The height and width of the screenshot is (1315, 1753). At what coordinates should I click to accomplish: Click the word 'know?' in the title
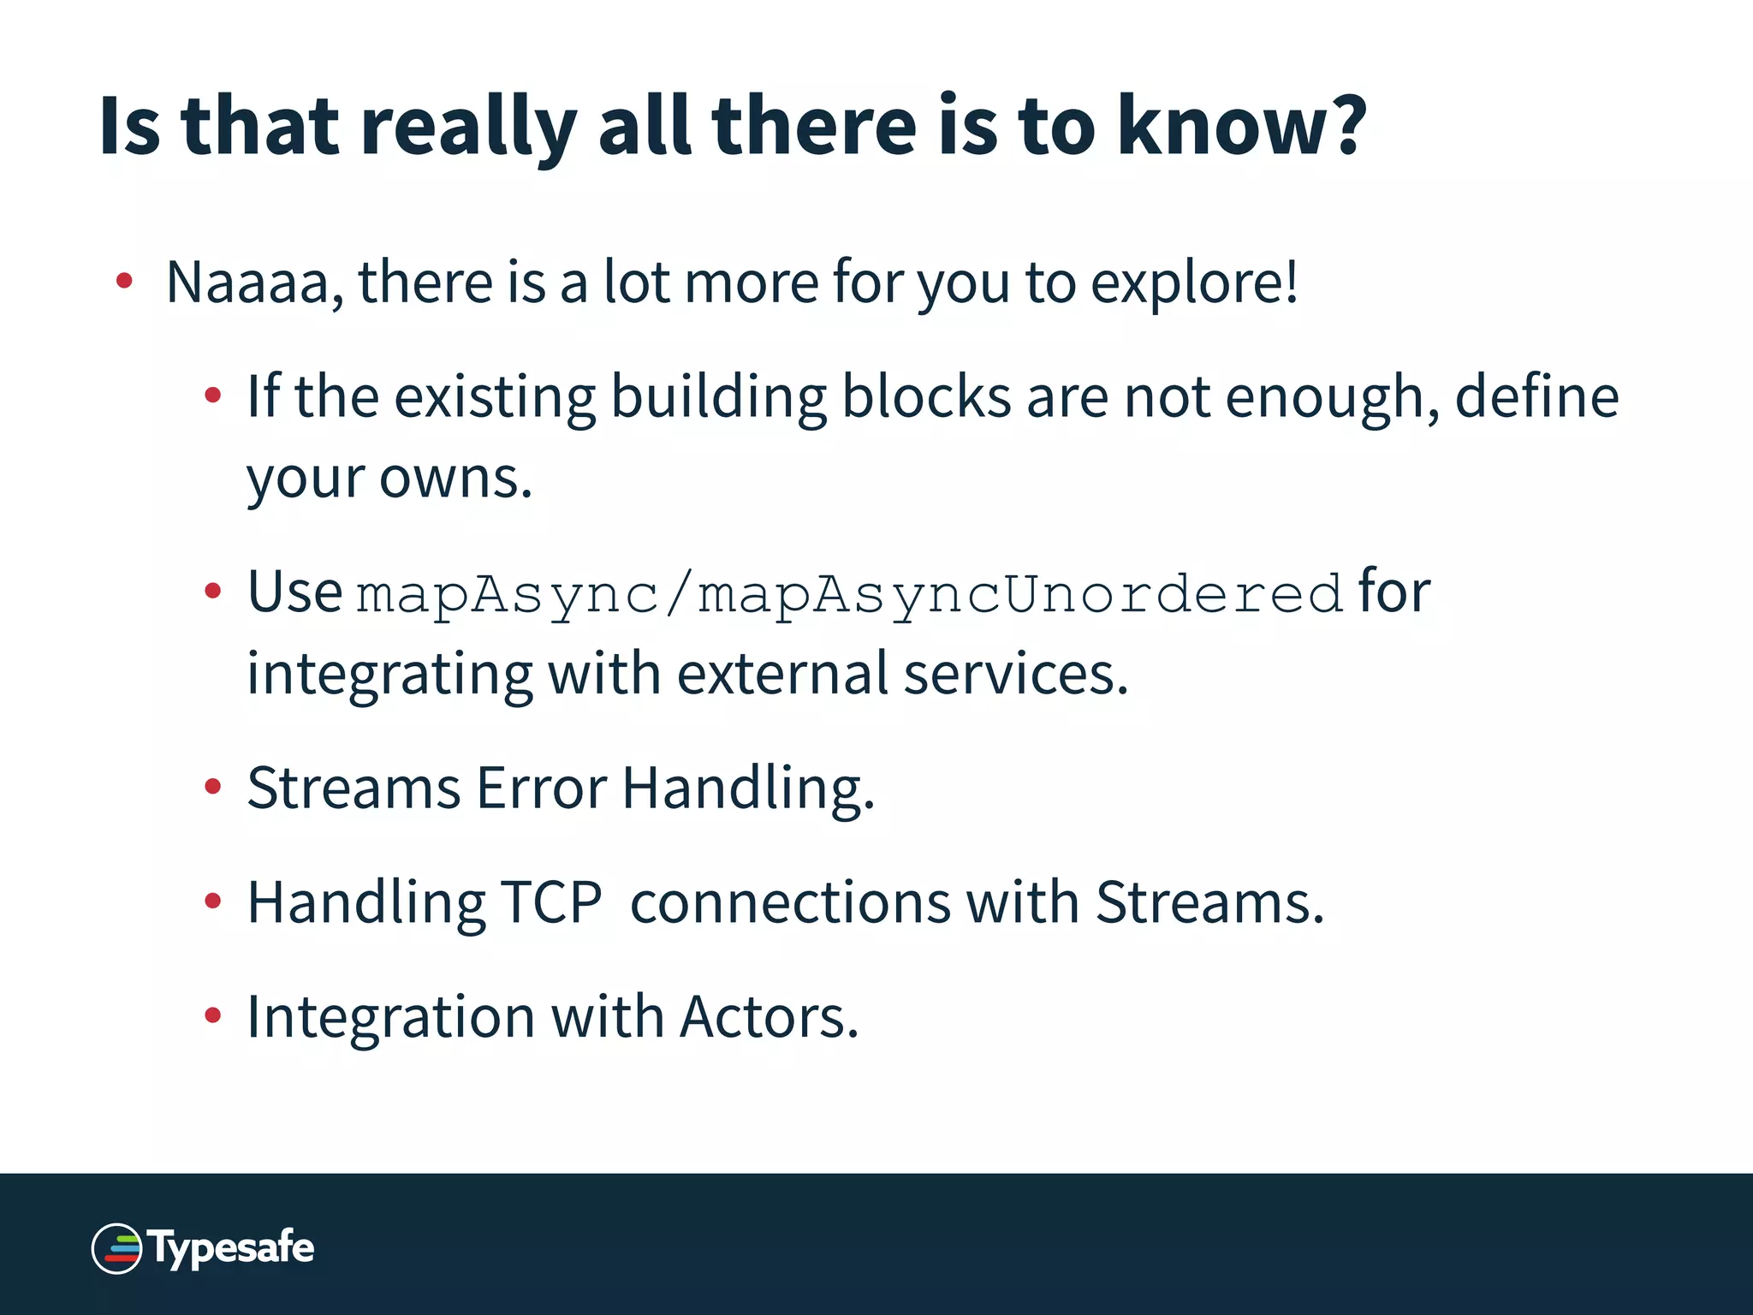pyautogui.click(x=1241, y=126)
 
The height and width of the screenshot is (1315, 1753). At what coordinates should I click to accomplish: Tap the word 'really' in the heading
pyautogui.click(x=467, y=128)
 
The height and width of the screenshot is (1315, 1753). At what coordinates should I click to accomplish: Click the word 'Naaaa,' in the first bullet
pyautogui.click(x=254, y=283)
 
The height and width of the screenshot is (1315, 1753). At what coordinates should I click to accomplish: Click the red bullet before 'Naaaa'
pyautogui.click(x=125, y=281)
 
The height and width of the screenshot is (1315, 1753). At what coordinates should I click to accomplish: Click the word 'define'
pyautogui.click(x=1536, y=397)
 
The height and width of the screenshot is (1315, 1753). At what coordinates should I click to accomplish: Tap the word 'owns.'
pyautogui.click(x=455, y=479)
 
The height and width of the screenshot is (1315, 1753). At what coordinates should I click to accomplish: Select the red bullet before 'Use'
pyautogui.click(x=213, y=591)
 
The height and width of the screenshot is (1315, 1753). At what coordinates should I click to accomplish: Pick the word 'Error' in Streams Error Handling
pyautogui.click(x=541, y=788)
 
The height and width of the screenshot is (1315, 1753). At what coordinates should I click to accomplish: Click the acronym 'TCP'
pyautogui.click(x=551, y=902)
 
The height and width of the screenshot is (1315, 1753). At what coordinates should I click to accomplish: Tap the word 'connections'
pyautogui.click(x=790, y=903)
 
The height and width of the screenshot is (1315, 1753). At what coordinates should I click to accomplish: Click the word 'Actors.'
pyautogui.click(x=769, y=1018)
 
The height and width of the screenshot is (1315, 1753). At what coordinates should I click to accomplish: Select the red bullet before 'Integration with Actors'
pyautogui.click(x=213, y=1016)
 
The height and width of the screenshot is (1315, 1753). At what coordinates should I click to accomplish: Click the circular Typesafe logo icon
pyautogui.click(x=116, y=1248)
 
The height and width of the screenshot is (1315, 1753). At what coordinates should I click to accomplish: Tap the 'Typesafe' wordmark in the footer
pyautogui.click(x=232, y=1247)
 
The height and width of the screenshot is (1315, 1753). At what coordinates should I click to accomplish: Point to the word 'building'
pyautogui.click(x=718, y=399)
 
